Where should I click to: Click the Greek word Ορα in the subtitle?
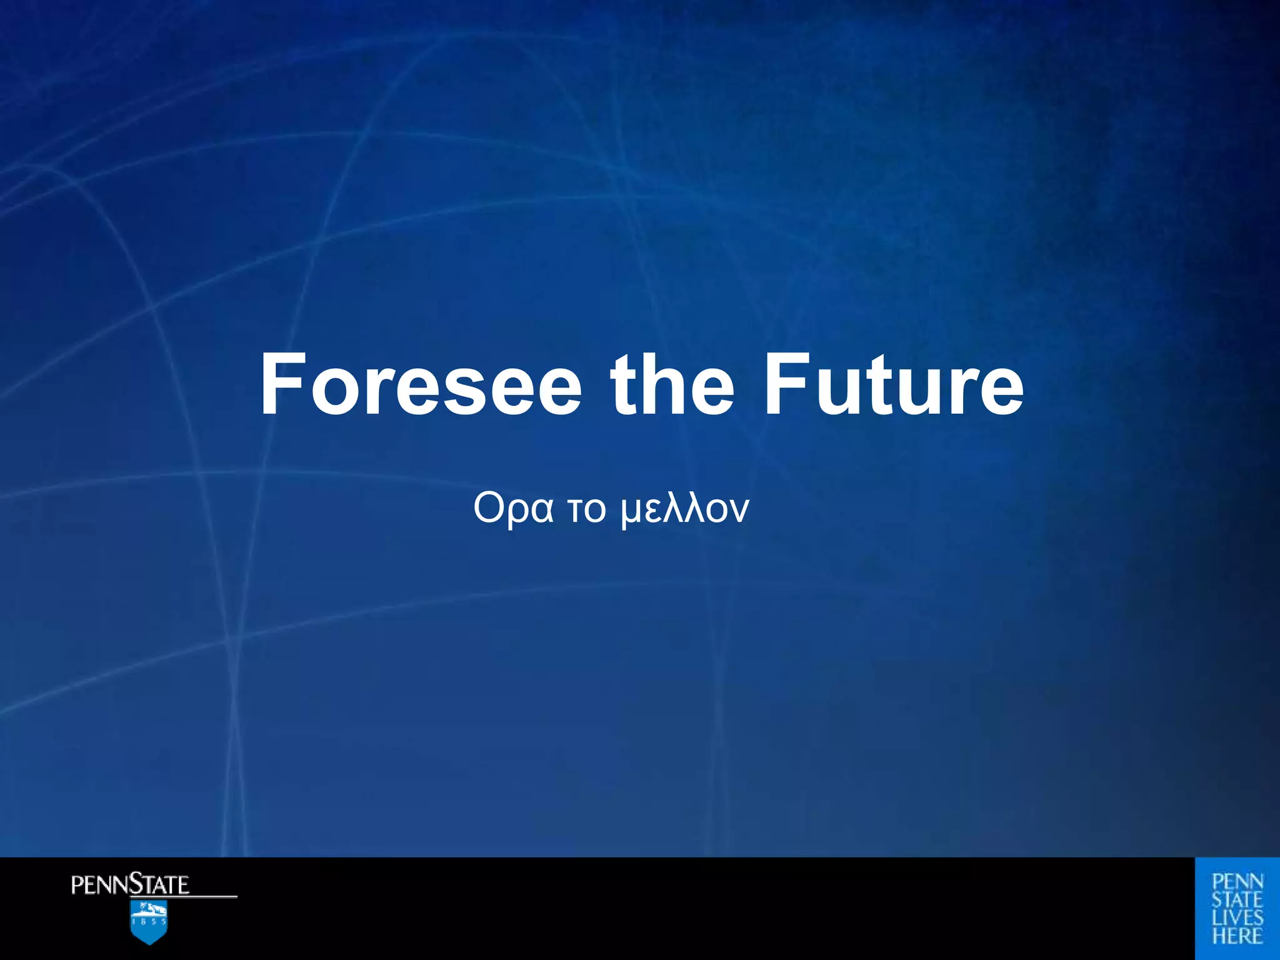pyautogui.click(x=513, y=509)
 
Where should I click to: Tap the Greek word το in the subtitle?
pyautogui.click(x=586, y=509)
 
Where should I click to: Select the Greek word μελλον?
pyautogui.click(x=685, y=509)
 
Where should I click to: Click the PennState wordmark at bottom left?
pyautogui.click(x=130, y=885)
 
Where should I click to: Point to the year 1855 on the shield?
pyautogui.click(x=149, y=921)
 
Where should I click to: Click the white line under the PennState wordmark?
pyautogui.click(x=212, y=897)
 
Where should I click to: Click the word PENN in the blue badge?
pyautogui.click(x=1237, y=882)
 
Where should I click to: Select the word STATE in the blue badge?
pyautogui.click(x=1237, y=900)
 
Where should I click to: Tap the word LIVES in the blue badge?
pyautogui.click(x=1237, y=918)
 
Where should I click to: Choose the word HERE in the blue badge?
pyautogui.click(x=1237, y=936)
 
